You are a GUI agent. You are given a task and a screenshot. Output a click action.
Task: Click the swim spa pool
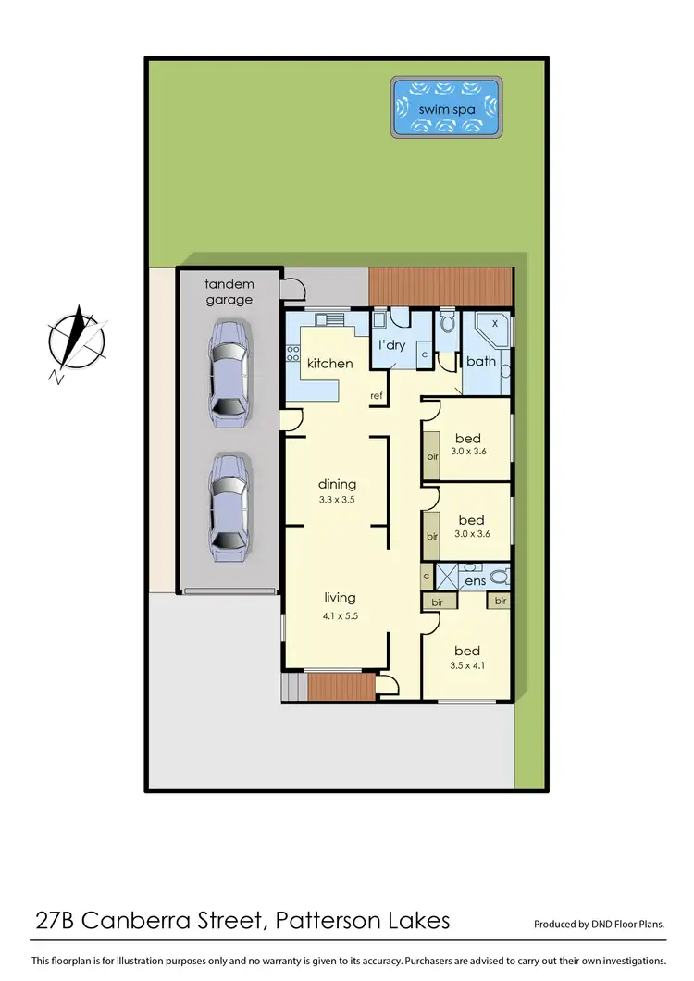tap(447, 109)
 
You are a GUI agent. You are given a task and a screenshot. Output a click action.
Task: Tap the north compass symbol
tap(78, 338)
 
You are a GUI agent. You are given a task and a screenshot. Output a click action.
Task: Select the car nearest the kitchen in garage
tap(229, 373)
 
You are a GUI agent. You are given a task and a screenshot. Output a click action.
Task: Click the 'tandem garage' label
tap(229, 292)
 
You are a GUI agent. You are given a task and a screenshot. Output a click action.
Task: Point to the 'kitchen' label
tap(330, 364)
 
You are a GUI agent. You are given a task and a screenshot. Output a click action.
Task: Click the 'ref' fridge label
tap(377, 396)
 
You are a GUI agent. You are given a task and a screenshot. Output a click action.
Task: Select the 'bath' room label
tap(481, 361)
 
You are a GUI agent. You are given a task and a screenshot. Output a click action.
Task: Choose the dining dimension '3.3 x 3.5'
tap(337, 500)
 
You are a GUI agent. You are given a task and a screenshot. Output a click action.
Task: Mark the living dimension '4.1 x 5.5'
tap(337, 615)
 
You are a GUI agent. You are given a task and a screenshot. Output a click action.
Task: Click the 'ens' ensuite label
tap(475, 581)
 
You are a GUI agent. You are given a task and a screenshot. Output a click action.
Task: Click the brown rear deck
tap(440, 286)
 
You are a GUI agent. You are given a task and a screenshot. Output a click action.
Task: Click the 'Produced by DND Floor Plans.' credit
tap(600, 924)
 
